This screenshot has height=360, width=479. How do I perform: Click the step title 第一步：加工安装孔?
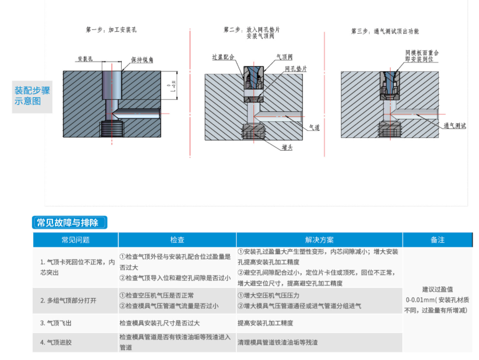(111, 30)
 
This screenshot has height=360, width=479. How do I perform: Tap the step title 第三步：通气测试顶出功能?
(385, 31)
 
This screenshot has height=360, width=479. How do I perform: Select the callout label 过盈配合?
(223, 57)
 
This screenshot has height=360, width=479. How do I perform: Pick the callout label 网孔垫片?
(296, 69)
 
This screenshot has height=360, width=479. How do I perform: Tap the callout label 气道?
(314, 127)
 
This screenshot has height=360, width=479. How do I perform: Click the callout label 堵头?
(287, 147)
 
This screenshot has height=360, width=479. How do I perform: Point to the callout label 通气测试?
(454, 126)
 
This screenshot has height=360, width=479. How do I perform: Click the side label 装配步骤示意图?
(32, 96)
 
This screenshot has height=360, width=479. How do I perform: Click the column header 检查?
(177, 240)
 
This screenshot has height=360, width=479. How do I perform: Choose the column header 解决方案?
(319, 240)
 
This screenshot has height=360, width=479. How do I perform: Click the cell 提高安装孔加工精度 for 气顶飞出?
(265, 323)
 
